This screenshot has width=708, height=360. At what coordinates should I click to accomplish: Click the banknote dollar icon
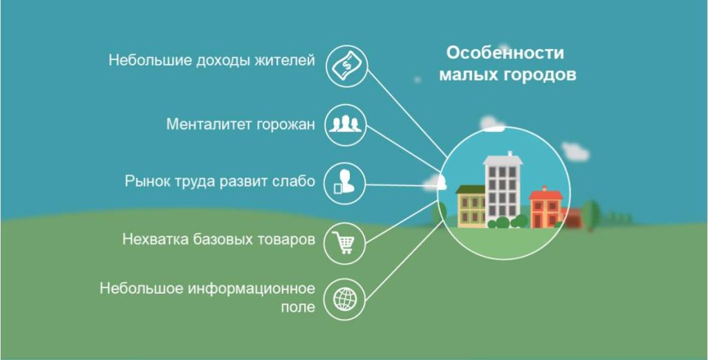tap(345, 66)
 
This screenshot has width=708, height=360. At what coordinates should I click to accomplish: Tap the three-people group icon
tap(345, 125)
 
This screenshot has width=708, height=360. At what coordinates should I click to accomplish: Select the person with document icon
tap(345, 184)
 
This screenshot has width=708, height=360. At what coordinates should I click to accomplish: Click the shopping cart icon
tap(345, 242)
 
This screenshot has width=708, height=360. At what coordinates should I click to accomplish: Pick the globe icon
tap(345, 299)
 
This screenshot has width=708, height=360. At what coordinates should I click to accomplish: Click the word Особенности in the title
tap(505, 53)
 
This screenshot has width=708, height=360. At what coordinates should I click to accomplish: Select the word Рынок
tap(147, 182)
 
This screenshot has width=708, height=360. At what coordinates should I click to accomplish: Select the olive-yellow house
tap(472, 207)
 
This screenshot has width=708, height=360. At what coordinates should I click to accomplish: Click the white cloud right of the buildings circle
tap(575, 151)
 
